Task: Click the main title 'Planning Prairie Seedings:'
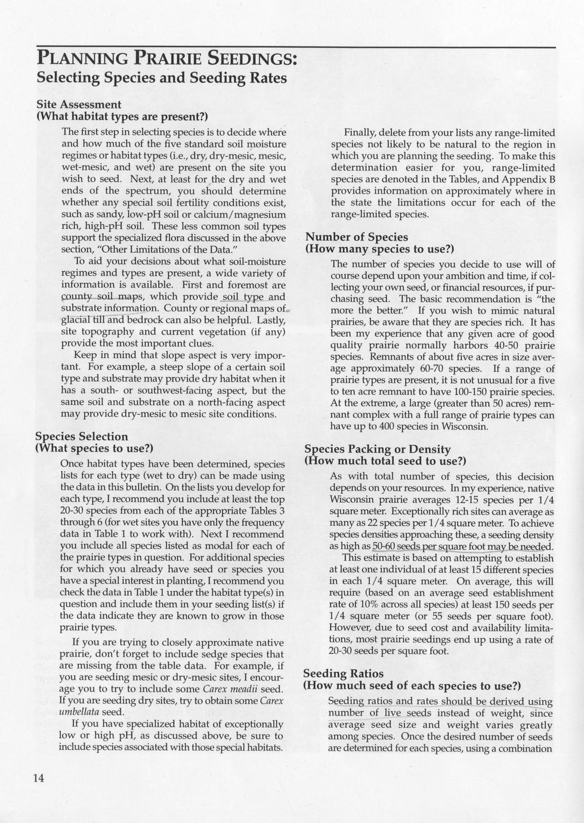click(166, 59)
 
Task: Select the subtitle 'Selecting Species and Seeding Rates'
click(162, 78)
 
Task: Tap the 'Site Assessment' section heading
click(78, 105)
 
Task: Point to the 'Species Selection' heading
click(82, 437)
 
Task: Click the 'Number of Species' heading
click(357, 237)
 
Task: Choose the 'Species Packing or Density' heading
click(378, 449)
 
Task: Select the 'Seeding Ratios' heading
click(344, 673)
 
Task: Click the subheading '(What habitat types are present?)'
click(122, 116)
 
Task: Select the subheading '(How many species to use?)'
click(380, 249)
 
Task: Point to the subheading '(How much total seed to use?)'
click(385, 461)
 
